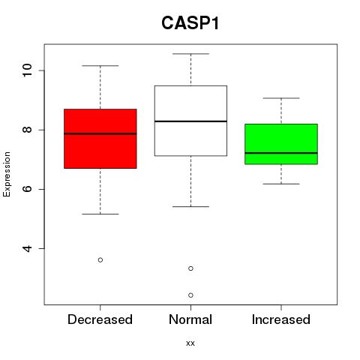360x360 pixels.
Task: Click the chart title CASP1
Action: [190, 23]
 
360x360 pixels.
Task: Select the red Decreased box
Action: [100, 139]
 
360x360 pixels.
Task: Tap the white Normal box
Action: [190, 121]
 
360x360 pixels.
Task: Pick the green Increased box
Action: [281, 144]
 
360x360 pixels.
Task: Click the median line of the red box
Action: [100, 133]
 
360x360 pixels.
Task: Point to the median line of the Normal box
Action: [190, 121]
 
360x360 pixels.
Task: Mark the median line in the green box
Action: [281, 153]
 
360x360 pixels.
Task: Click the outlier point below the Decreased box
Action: [100, 260]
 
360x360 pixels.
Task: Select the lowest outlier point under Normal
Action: [190, 295]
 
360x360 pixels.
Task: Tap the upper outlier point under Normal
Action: [190, 268]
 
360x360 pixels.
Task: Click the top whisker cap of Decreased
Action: [100, 66]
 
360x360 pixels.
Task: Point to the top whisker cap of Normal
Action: [190, 54]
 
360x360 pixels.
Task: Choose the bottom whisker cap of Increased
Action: [281, 184]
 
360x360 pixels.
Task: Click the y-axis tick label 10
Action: [27, 70]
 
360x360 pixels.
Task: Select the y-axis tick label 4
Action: [27, 248]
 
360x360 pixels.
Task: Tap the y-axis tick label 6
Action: [27, 189]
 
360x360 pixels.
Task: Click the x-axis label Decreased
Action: [100, 319]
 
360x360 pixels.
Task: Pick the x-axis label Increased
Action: [281, 319]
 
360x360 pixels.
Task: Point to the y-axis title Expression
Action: [7, 174]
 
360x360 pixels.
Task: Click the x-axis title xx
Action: [190, 343]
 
